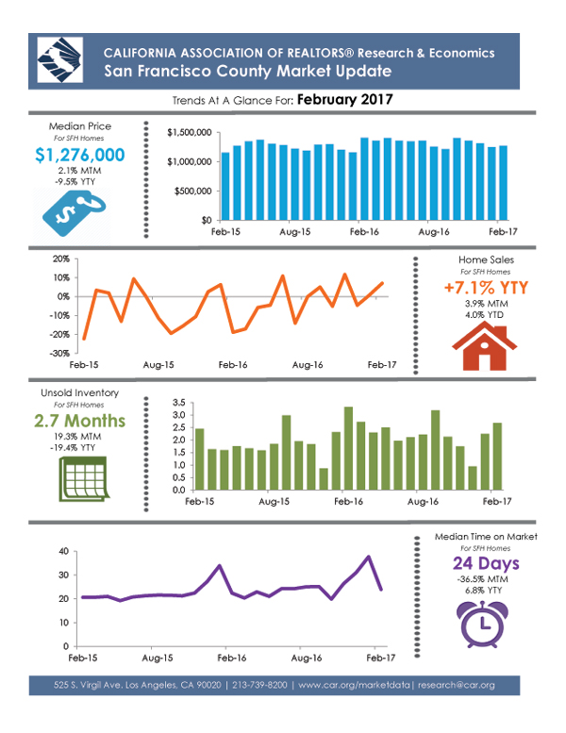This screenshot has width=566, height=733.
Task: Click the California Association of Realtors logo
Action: tap(60, 60)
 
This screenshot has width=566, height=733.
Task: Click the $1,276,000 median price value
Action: tap(80, 155)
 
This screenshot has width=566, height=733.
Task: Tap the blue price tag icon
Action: tap(75, 215)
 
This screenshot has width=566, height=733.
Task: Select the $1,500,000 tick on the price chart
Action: tap(190, 133)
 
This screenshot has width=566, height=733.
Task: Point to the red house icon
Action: tap(484, 347)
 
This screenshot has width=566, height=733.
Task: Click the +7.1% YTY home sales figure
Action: tap(486, 288)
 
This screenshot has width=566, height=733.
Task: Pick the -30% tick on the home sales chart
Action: tap(59, 354)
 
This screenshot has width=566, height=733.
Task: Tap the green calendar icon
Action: tap(84, 479)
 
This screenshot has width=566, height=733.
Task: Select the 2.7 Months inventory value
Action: tap(79, 421)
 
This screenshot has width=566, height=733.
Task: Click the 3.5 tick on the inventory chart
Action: tap(178, 403)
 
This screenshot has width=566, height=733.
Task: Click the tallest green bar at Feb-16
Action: tap(348, 448)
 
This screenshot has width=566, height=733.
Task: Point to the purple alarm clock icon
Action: tap(482, 625)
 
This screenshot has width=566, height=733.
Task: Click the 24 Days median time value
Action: tap(486, 563)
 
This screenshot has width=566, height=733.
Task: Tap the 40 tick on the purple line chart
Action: tap(63, 551)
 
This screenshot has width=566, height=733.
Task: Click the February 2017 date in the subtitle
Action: tap(345, 100)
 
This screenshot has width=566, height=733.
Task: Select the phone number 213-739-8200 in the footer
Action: tap(259, 685)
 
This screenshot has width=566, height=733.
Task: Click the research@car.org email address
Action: tap(457, 685)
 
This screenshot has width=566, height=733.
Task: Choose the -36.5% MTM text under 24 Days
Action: tap(482, 579)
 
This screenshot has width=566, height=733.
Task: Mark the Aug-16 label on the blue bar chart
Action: tap(434, 232)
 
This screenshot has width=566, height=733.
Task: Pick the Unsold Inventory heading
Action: tap(79, 393)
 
